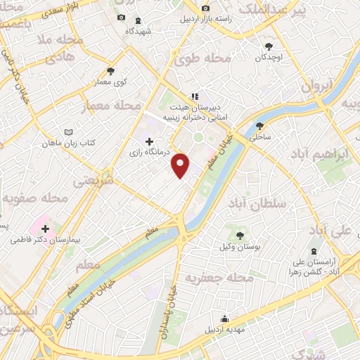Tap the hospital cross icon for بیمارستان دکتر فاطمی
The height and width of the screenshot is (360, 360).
[46, 229]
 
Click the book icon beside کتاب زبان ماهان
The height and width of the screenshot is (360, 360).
[68, 132]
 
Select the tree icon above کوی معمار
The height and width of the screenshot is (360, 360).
[110, 70]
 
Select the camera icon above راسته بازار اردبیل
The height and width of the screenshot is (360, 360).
[205, 8]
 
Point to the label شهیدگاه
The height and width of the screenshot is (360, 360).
[138, 31]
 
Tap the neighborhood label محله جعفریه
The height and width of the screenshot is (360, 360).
[219, 278]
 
